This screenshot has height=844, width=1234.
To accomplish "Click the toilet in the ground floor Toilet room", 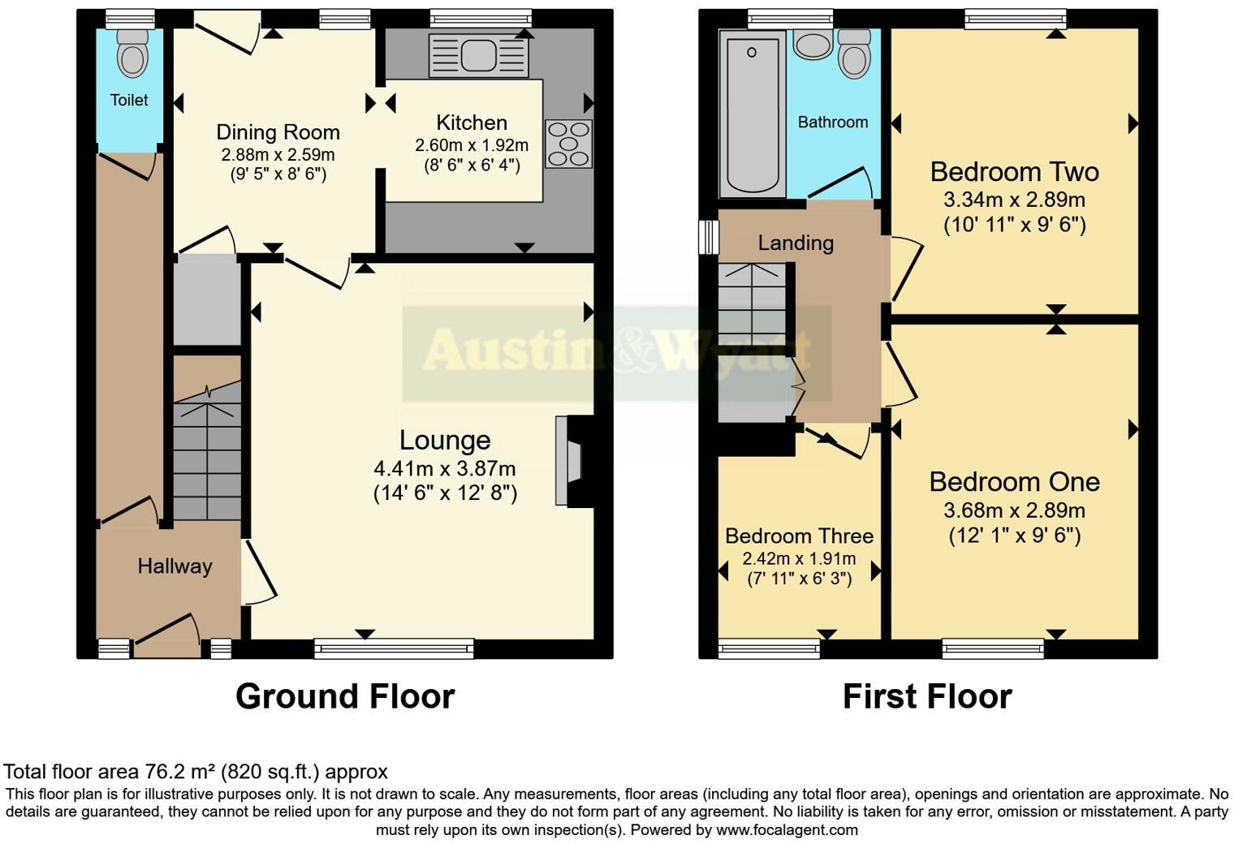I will coord(132,54).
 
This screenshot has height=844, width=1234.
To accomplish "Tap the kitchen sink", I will coord(477,55).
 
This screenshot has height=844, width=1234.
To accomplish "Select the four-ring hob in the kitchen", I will coord(568,144).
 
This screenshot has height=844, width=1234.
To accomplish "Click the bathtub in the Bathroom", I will coord(752,114).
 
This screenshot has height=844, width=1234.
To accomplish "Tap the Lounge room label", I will coord(445,440).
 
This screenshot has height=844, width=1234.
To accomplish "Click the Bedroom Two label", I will coord(1014,172).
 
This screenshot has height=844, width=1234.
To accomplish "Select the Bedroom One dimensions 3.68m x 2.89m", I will coord(1014,510).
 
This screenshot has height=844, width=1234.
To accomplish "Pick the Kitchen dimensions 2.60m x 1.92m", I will coord(472,145).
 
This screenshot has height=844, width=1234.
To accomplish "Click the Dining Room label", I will coord(278,132).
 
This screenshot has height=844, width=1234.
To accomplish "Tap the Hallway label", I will coord(175,566).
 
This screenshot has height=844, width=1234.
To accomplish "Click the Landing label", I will coord(796,243).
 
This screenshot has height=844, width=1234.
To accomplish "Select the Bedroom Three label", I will coord(799,536).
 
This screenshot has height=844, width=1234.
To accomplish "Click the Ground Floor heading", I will coord(345,696).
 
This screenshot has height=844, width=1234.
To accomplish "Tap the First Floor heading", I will coord(927,696).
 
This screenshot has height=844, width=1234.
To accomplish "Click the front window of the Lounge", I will coord(394,648).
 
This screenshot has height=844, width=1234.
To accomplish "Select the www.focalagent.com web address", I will coord(786,829).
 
